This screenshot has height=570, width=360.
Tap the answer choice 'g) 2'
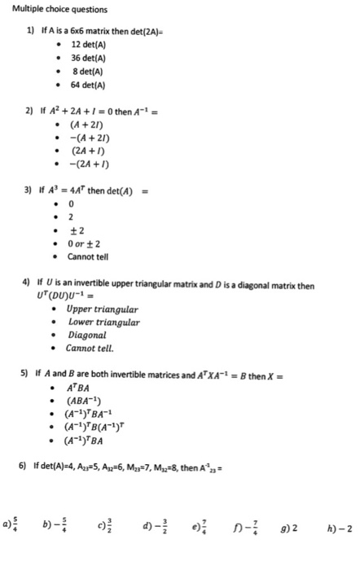click(300, 528)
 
